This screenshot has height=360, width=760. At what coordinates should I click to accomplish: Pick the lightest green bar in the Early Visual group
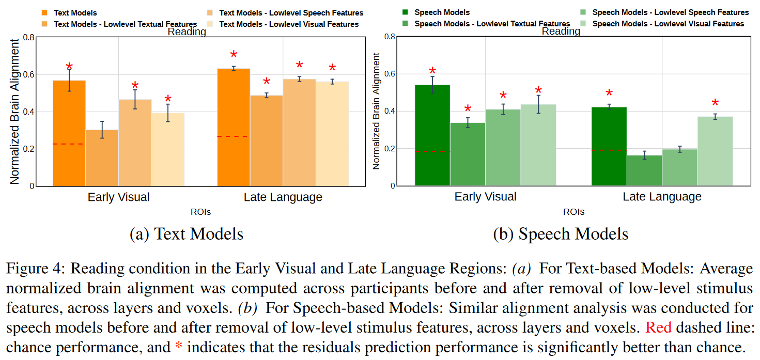coord(538,145)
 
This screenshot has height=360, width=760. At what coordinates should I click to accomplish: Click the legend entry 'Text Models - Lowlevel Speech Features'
coord(291,13)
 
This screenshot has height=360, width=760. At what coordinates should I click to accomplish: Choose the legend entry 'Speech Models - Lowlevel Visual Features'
coord(668,24)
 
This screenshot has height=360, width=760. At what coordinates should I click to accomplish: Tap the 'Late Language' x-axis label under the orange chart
coord(283,197)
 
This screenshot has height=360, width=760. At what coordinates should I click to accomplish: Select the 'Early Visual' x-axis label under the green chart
coord(485,197)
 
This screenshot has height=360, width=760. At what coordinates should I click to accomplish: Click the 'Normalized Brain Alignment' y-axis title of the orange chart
coord(14,111)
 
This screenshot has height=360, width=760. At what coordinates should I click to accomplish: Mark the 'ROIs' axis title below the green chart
coord(573,212)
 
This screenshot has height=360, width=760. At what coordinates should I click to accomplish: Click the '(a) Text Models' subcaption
coord(187,234)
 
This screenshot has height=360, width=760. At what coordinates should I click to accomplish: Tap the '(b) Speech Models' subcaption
coord(561,234)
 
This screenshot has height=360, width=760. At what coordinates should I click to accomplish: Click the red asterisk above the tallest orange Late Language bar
coord(234,55)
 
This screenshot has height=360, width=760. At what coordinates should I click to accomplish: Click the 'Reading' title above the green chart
coord(561,32)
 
